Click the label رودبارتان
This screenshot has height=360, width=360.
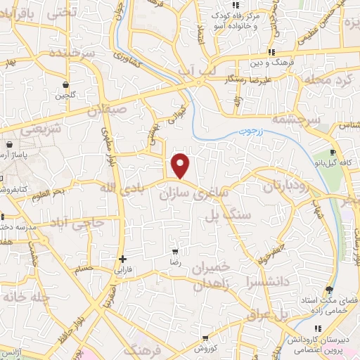point(288,187)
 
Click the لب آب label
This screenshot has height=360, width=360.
point(191,70)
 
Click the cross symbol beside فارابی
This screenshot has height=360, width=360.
point(123,258)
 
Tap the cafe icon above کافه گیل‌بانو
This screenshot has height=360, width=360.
point(333,152)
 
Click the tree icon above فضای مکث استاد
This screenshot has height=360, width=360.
point(328,290)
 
